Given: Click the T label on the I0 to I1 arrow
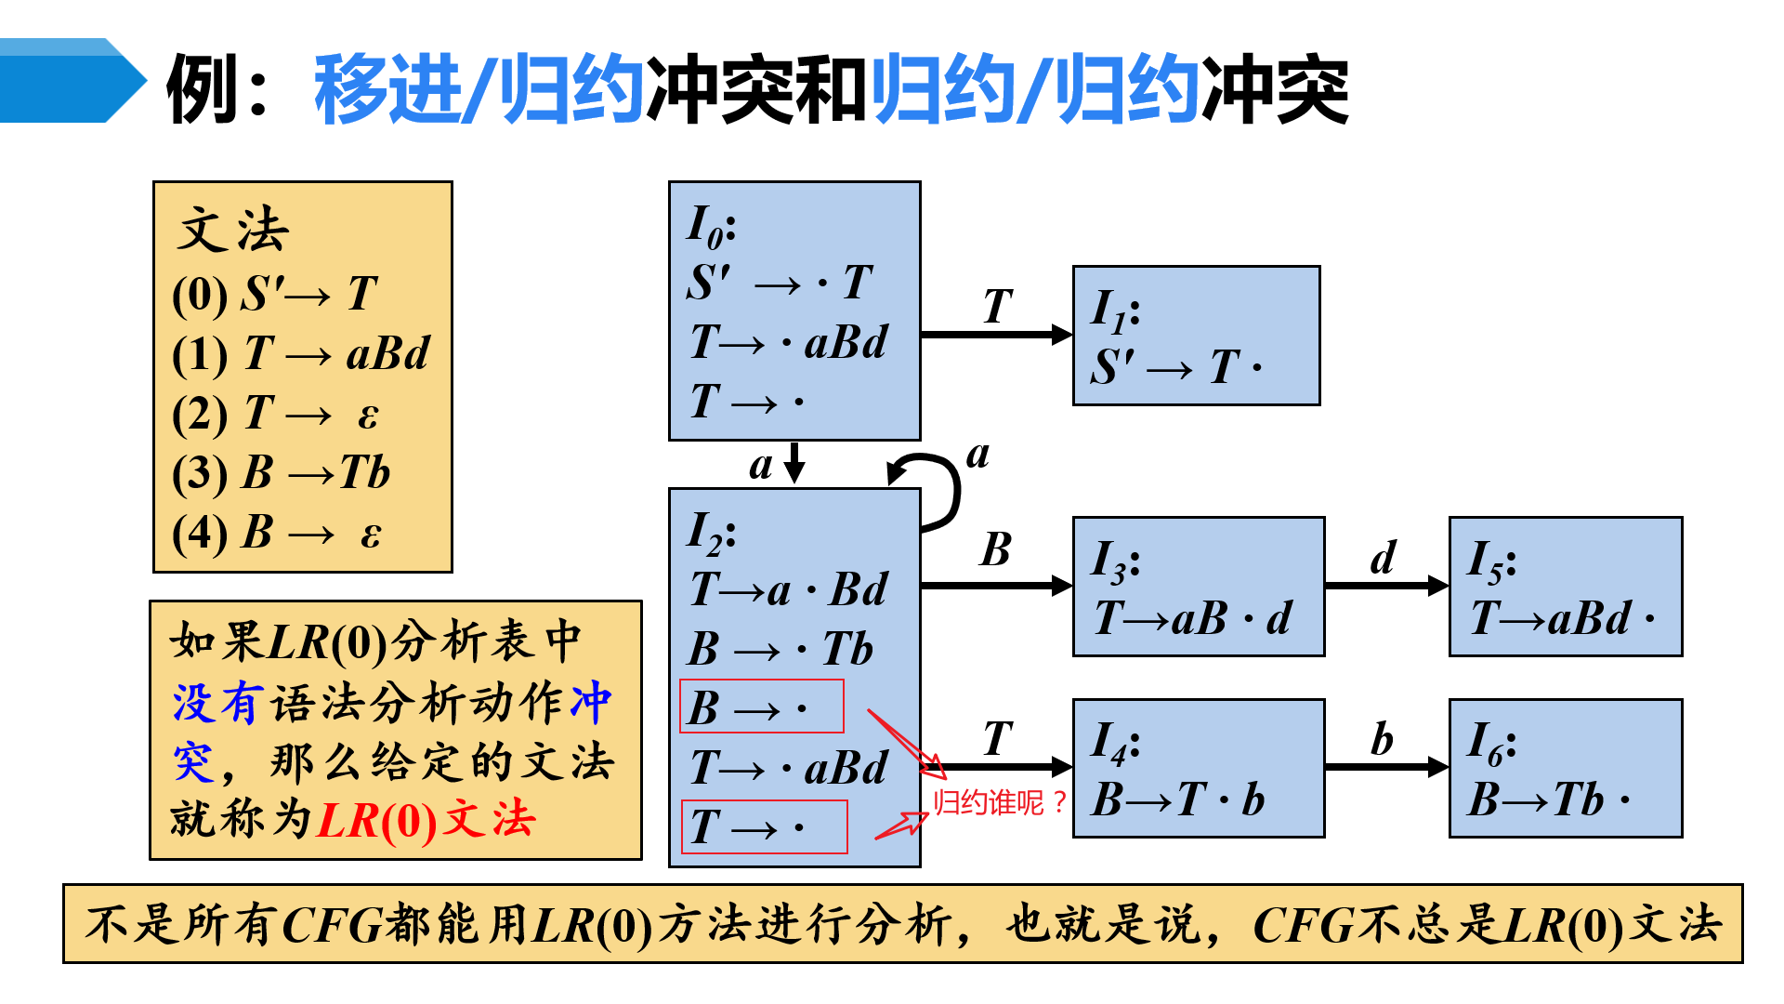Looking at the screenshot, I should click(x=997, y=307).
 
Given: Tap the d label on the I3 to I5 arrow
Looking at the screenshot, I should click(x=1384, y=558).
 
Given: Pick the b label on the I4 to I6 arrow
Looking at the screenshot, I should click(x=1382, y=740).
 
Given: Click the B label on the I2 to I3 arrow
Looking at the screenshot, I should click(x=995, y=550).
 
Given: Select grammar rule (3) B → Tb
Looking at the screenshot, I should click(x=282, y=472).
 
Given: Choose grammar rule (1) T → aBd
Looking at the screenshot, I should click(x=301, y=354).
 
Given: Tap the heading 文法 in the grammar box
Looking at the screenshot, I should click(x=233, y=230).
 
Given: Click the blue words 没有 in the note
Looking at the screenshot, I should click(x=215, y=703).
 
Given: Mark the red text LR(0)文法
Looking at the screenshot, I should click(x=426, y=821).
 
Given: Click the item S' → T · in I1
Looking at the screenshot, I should click(x=1176, y=367).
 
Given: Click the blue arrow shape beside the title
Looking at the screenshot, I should click(x=70, y=81).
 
